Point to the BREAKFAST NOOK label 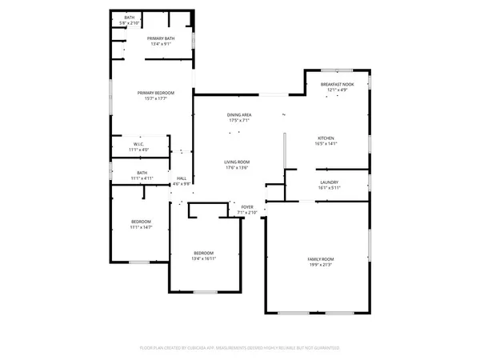336,84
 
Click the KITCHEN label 329,138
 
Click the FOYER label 247,207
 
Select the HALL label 182,178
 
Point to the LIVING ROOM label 237,162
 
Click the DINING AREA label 239,115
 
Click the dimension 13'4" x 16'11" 204,258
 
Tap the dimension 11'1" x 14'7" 141,227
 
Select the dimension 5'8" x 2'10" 128,23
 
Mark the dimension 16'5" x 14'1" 329,144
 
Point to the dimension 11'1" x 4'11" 142,178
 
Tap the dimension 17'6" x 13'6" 237,167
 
